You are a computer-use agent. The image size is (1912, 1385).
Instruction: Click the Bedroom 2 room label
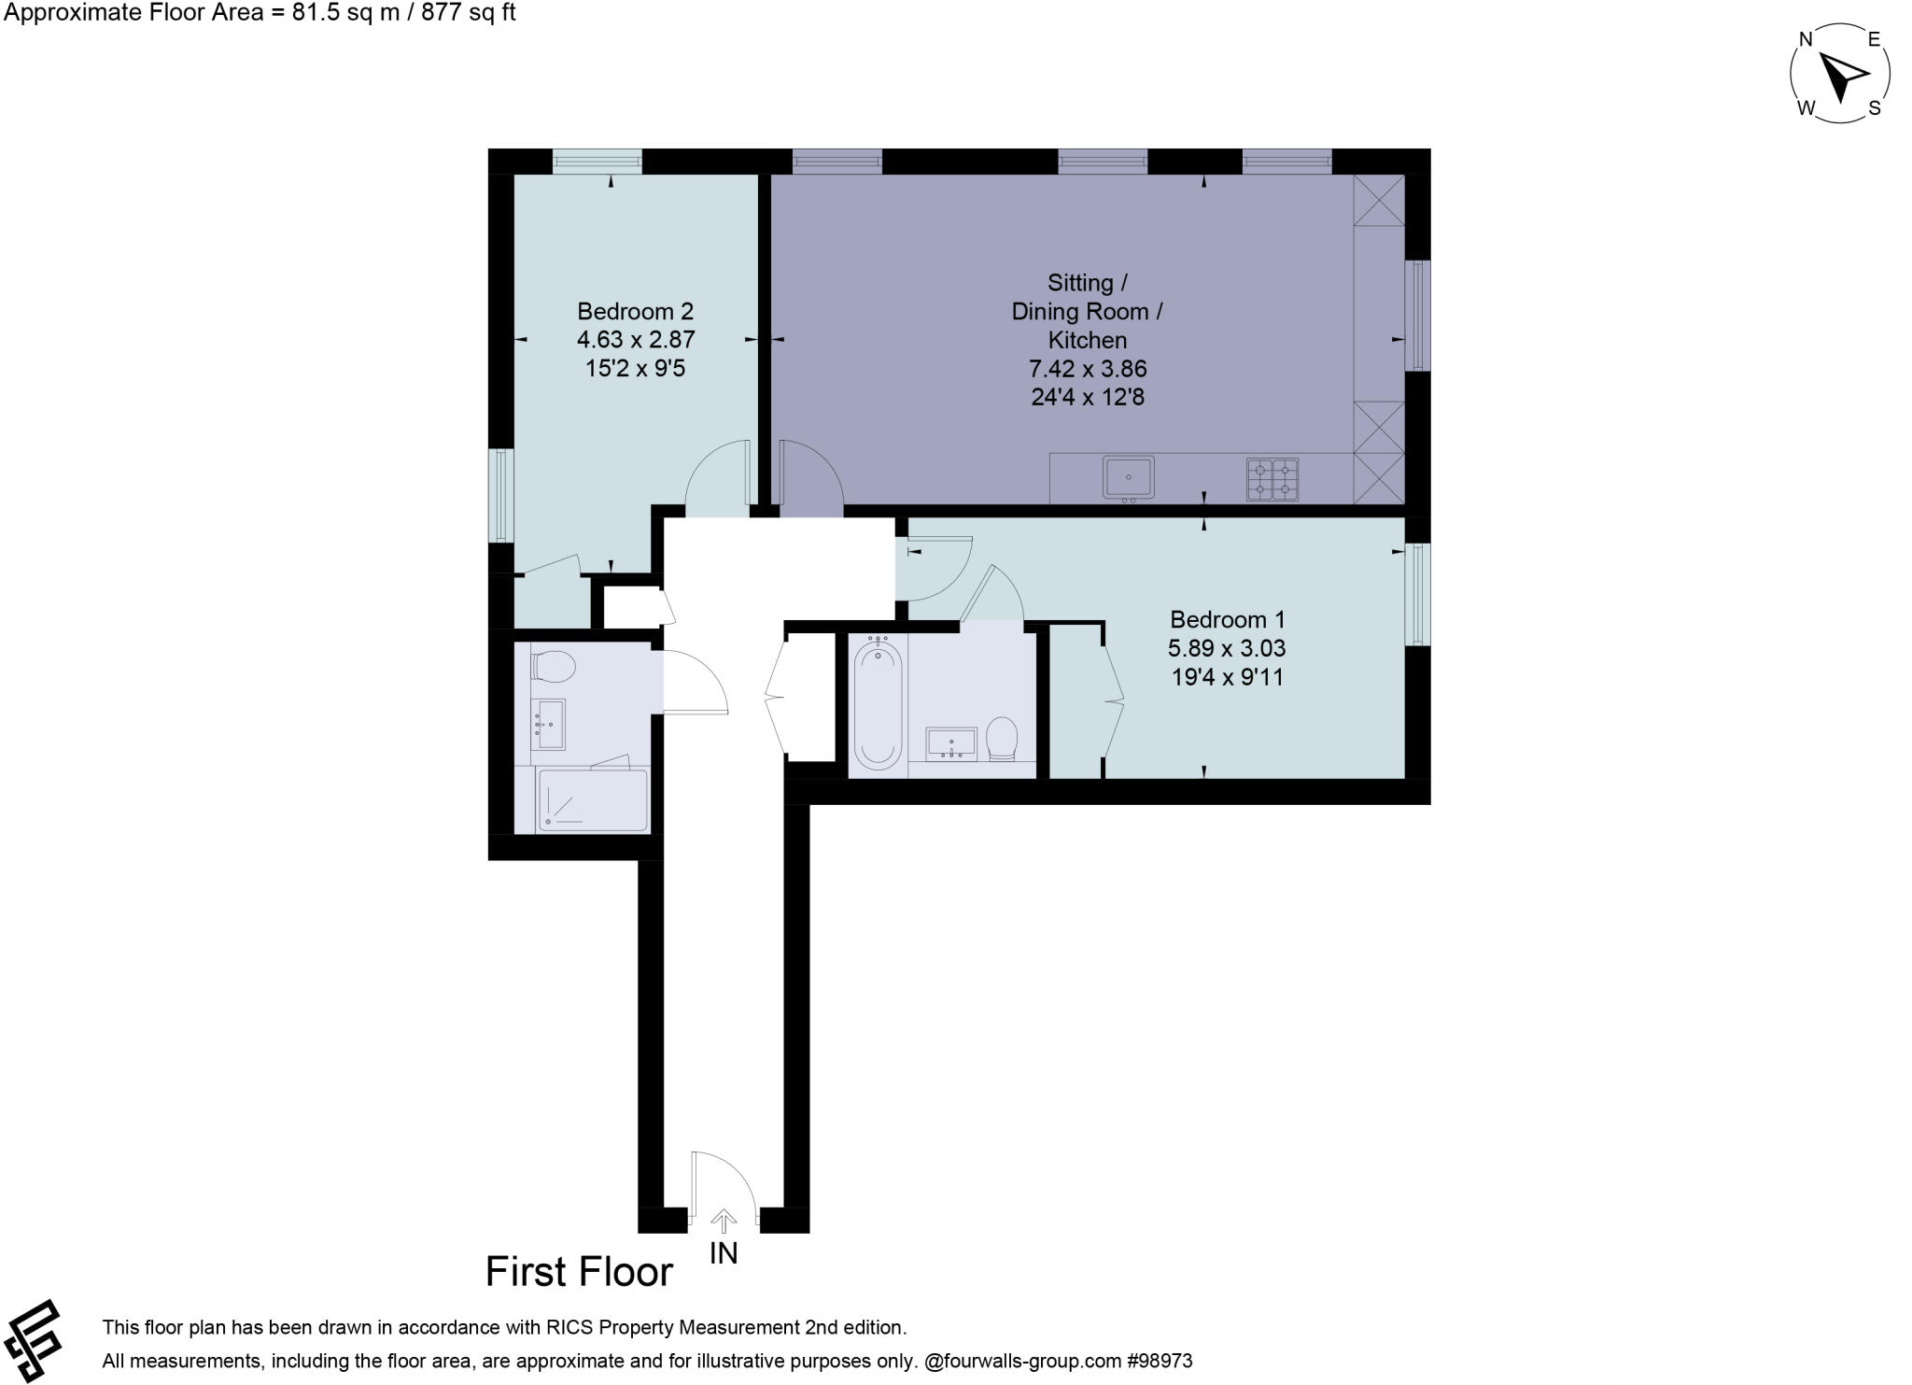click(x=635, y=311)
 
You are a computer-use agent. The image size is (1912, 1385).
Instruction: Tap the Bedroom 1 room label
click(x=1228, y=619)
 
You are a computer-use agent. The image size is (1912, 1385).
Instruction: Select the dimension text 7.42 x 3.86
click(x=1088, y=369)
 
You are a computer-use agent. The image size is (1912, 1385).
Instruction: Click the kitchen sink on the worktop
click(x=1128, y=478)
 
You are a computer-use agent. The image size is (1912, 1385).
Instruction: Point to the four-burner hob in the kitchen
click(x=1272, y=479)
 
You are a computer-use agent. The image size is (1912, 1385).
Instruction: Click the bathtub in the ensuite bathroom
click(x=878, y=702)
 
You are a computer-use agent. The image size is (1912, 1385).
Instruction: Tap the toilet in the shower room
click(x=553, y=667)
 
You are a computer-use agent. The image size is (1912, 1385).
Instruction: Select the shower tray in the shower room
click(x=592, y=800)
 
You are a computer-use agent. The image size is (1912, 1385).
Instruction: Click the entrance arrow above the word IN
click(x=724, y=1220)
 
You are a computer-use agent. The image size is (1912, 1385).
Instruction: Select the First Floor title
click(x=579, y=1272)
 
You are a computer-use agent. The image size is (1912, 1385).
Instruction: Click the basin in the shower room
click(x=550, y=724)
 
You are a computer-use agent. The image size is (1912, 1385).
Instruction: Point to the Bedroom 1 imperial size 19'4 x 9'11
click(x=1228, y=677)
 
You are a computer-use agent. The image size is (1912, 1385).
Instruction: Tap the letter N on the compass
click(x=1806, y=39)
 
